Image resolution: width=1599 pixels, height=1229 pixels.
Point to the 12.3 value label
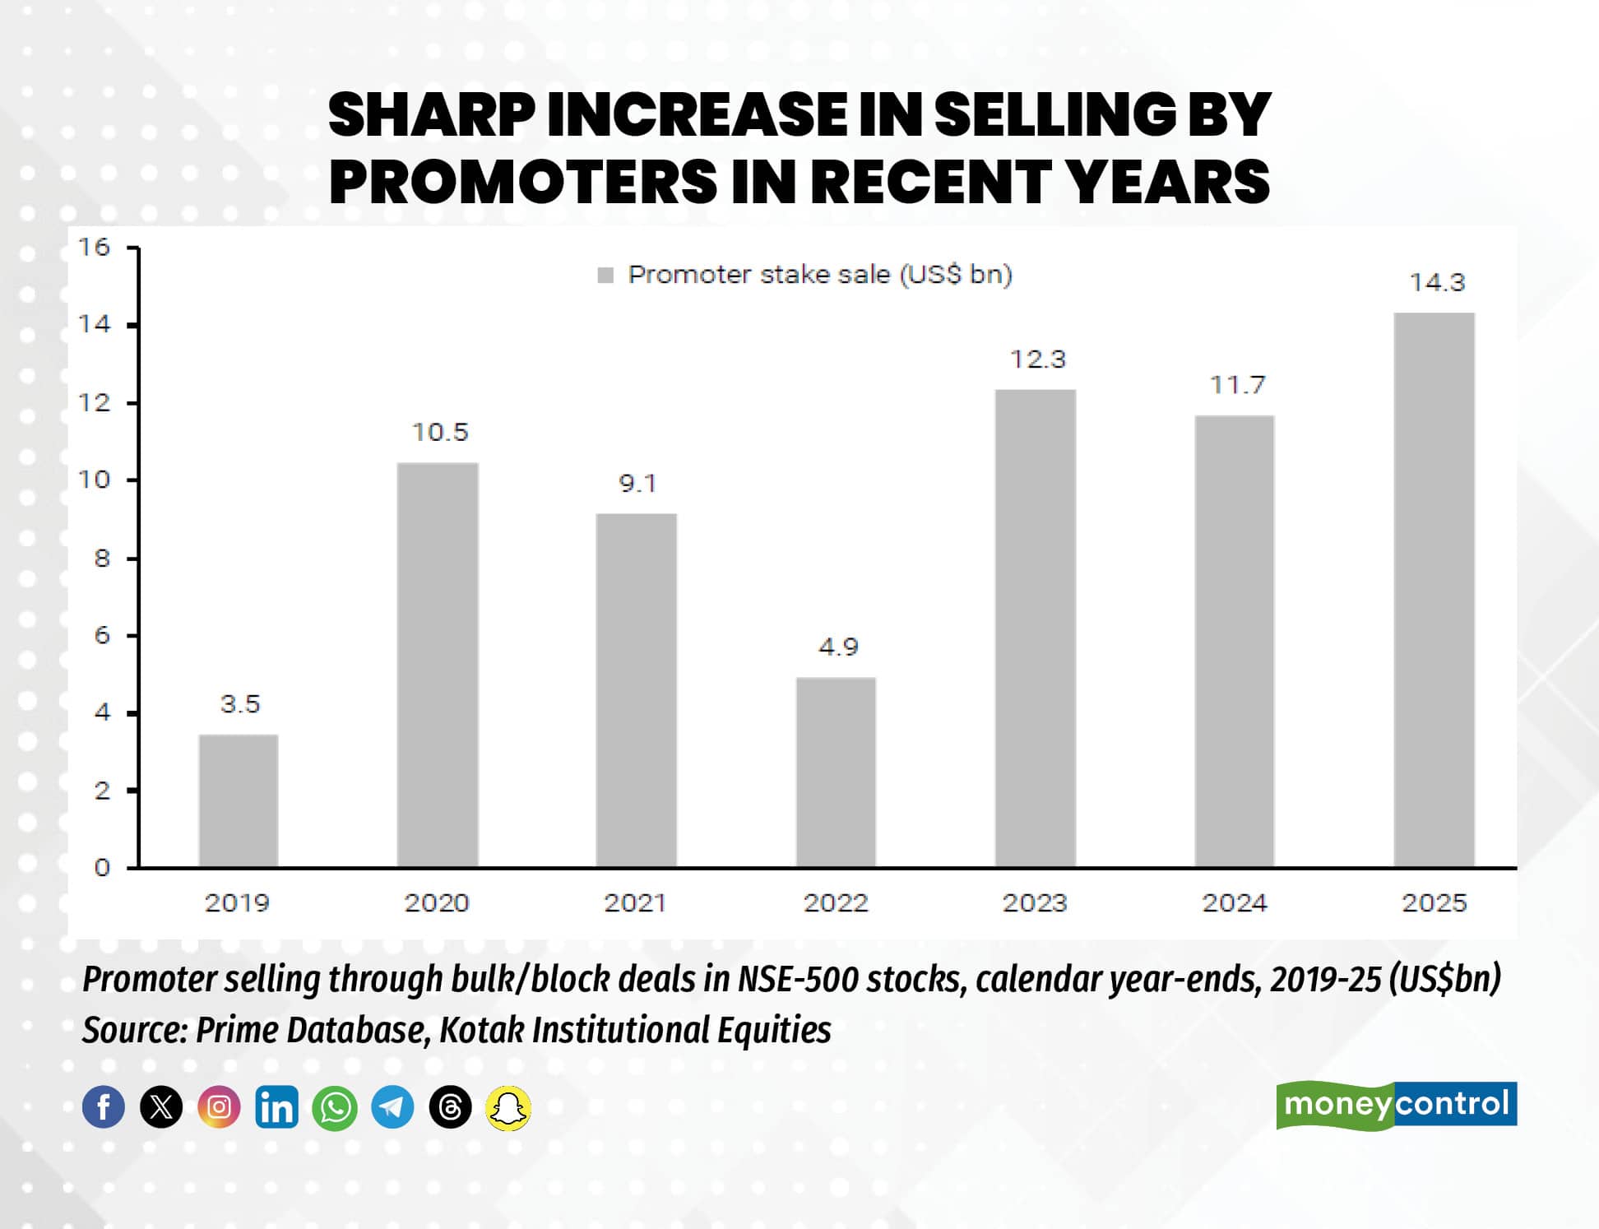coord(1037,359)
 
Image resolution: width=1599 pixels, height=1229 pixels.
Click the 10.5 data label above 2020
coord(439,433)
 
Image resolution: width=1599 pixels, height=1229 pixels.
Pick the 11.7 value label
coord(1237,385)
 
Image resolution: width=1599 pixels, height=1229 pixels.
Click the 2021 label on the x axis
coord(635,903)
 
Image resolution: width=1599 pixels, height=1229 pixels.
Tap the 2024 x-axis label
coord(1235,903)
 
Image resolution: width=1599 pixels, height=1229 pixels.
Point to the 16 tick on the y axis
coord(94,248)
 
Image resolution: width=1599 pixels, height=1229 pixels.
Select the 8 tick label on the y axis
coord(101,559)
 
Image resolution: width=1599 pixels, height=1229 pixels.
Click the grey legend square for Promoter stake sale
coord(605,275)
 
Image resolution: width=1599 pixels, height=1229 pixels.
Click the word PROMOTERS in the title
coord(523,182)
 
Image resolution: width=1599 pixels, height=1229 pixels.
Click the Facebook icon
coord(104,1107)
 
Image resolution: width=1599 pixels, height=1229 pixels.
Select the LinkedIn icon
coord(276,1107)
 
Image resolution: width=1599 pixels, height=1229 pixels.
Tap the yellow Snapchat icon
coord(508,1107)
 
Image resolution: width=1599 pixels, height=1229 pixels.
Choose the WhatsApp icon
coord(335,1107)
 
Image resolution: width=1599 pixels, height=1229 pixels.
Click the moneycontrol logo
coord(1396,1105)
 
